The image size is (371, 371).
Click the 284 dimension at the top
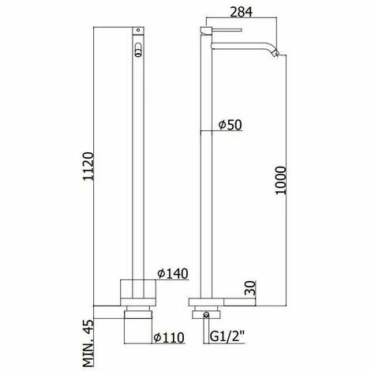tap(241, 12)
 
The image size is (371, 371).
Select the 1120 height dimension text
tap(88, 166)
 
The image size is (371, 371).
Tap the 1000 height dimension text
tap(280, 180)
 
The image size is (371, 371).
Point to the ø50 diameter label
tap(230, 125)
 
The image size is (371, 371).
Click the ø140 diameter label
tap(173, 274)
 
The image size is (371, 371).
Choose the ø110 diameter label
tap(169, 337)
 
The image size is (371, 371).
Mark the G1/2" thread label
tap(228, 336)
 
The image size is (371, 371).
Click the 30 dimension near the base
tap(250, 287)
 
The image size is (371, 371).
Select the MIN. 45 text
tap(88, 343)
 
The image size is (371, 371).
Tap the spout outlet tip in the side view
tap(275, 53)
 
